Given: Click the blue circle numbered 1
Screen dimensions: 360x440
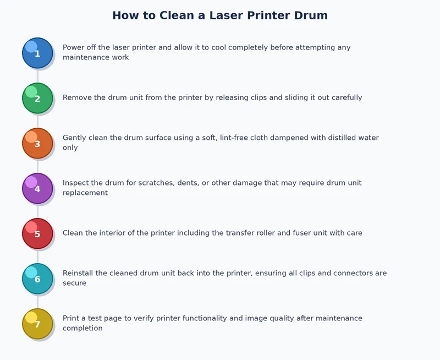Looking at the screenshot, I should [37, 53].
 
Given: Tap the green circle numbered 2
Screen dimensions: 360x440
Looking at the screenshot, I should [37, 98].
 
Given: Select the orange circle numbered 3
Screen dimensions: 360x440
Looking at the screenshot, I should [37, 143].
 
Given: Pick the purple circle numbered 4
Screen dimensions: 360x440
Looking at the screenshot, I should [37, 188].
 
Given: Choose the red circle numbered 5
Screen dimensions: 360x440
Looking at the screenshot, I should [37, 233].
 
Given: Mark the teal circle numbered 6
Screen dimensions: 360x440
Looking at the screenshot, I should [37, 279].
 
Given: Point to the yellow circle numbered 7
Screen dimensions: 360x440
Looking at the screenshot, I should [37, 324].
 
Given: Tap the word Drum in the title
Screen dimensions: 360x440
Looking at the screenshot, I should [310, 15].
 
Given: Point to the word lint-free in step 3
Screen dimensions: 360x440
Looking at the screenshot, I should [247, 138].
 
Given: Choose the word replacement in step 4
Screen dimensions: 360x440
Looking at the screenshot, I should [85, 193].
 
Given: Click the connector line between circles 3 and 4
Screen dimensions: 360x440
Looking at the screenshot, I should [37, 166].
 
